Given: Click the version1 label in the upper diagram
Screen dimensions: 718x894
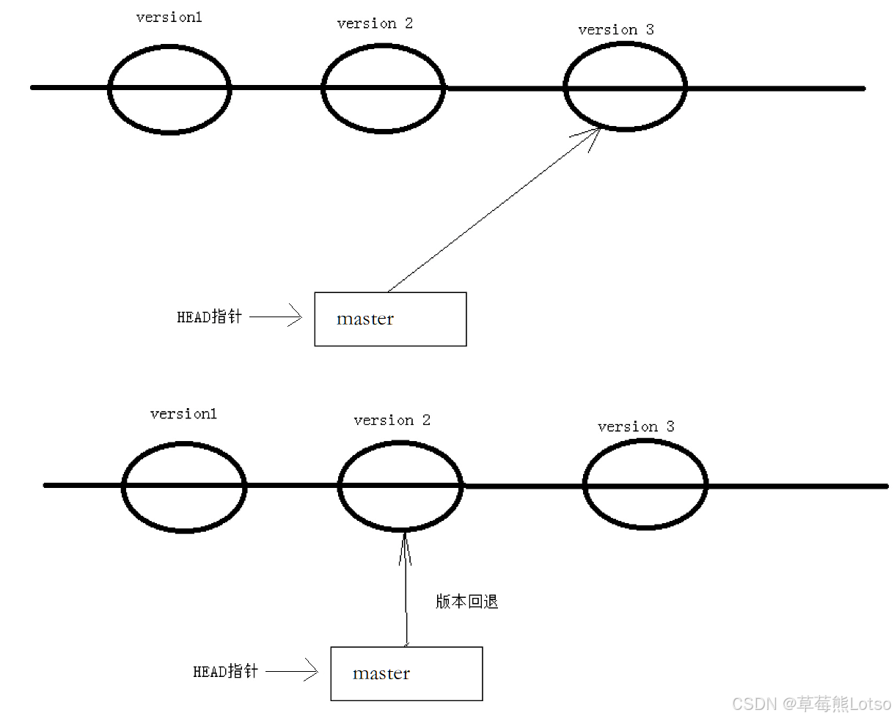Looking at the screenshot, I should [x=169, y=18].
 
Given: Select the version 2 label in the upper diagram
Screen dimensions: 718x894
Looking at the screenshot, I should [x=375, y=23].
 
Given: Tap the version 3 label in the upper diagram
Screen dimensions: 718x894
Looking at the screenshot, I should [x=615, y=30].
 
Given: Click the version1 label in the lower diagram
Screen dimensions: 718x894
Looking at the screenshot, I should [x=183, y=414].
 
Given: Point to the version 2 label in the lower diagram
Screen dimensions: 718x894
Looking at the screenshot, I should [x=392, y=421].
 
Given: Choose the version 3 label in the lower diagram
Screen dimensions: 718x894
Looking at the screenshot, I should [x=635, y=426].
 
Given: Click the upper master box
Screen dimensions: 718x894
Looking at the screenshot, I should [x=390, y=319].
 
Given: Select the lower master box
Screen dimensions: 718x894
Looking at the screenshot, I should [x=406, y=673].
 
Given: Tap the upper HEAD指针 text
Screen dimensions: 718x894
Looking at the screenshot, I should [x=209, y=317].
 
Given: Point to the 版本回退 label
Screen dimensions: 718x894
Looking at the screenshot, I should [x=466, y=602].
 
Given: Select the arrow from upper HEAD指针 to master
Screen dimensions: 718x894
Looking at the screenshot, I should [x=276, y=317].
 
